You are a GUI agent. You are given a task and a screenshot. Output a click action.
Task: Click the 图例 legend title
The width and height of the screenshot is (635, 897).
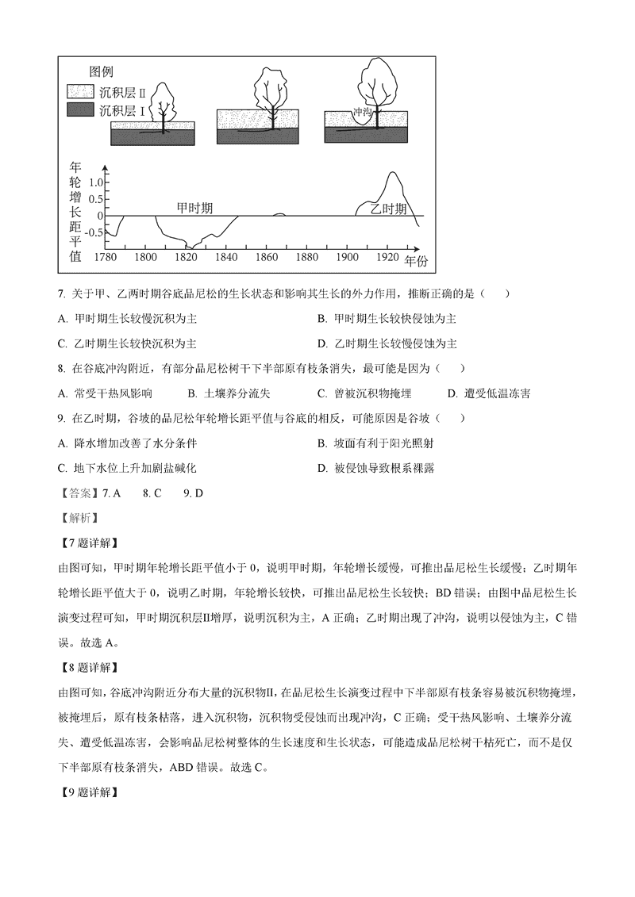[x=104, y=71]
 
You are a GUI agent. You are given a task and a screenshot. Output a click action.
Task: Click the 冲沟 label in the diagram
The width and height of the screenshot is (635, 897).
[x=362, y=113]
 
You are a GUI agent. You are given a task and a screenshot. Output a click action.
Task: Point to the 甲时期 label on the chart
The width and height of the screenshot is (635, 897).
[x=194, y=208]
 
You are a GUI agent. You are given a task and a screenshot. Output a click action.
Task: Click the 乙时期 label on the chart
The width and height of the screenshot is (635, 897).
[x=389, y=209]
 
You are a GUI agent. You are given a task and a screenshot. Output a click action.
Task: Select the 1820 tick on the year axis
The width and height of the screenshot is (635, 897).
[x=186, y=257]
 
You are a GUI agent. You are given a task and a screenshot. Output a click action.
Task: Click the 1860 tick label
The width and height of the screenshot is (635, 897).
[x=267, y=257]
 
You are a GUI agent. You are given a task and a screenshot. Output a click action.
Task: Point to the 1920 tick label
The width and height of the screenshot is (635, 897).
[x=387, y=257]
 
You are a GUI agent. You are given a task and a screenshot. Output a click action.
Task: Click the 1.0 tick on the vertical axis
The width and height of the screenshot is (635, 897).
[x=96, y=182]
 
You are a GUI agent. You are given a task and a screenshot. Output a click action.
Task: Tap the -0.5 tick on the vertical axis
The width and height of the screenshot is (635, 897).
[x=94, y=232]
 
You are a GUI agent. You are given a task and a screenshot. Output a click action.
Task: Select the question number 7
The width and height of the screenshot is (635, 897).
[x=61, y=293]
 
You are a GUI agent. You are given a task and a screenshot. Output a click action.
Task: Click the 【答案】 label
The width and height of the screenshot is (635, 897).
[x=79, y=493]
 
